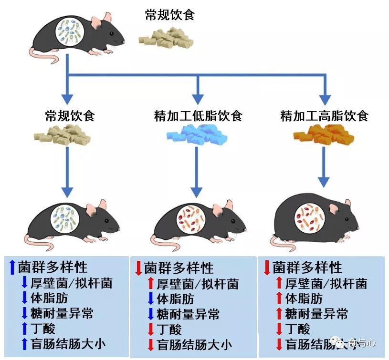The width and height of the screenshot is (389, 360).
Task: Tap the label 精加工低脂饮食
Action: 198,115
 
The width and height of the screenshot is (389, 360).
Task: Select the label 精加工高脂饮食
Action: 324,115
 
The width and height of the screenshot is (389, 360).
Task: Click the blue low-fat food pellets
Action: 198,135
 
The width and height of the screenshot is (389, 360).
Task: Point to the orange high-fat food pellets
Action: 324,135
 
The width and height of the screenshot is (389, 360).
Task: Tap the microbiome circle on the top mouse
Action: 70,32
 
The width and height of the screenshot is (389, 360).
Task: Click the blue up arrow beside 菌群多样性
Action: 12,267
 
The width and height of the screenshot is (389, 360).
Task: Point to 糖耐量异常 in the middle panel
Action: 188,314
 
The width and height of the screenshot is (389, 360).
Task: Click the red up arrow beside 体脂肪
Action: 279,299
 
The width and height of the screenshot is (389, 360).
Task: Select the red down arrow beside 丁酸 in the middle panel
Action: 150,329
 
